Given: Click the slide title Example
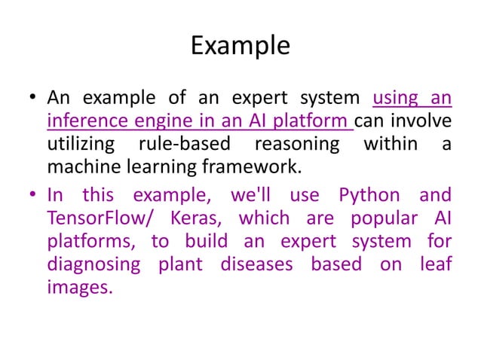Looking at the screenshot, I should pyautogui.click(x=240, y=46).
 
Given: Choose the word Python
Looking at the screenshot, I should pyautogui.click(x=369, y=196).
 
